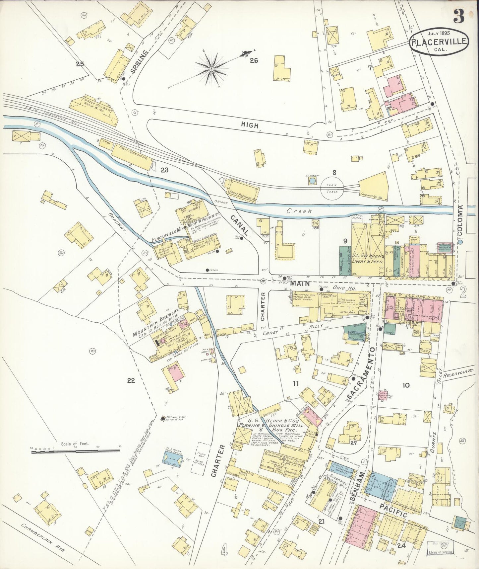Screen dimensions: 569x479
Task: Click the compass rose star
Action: pyautogui.click(x=211, y=69)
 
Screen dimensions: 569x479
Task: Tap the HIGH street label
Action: pyautogui.click(x=250, y=125)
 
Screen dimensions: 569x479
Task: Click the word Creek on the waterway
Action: pyautogui.click(x=299, y=211)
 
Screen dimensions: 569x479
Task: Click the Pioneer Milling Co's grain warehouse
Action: pyautogui.click(x=94, y=108)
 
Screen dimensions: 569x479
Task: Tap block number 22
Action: pyautogui.click(x=131, y=380)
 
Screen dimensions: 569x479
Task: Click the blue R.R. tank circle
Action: pyautogui.click(x=312, y=181)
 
